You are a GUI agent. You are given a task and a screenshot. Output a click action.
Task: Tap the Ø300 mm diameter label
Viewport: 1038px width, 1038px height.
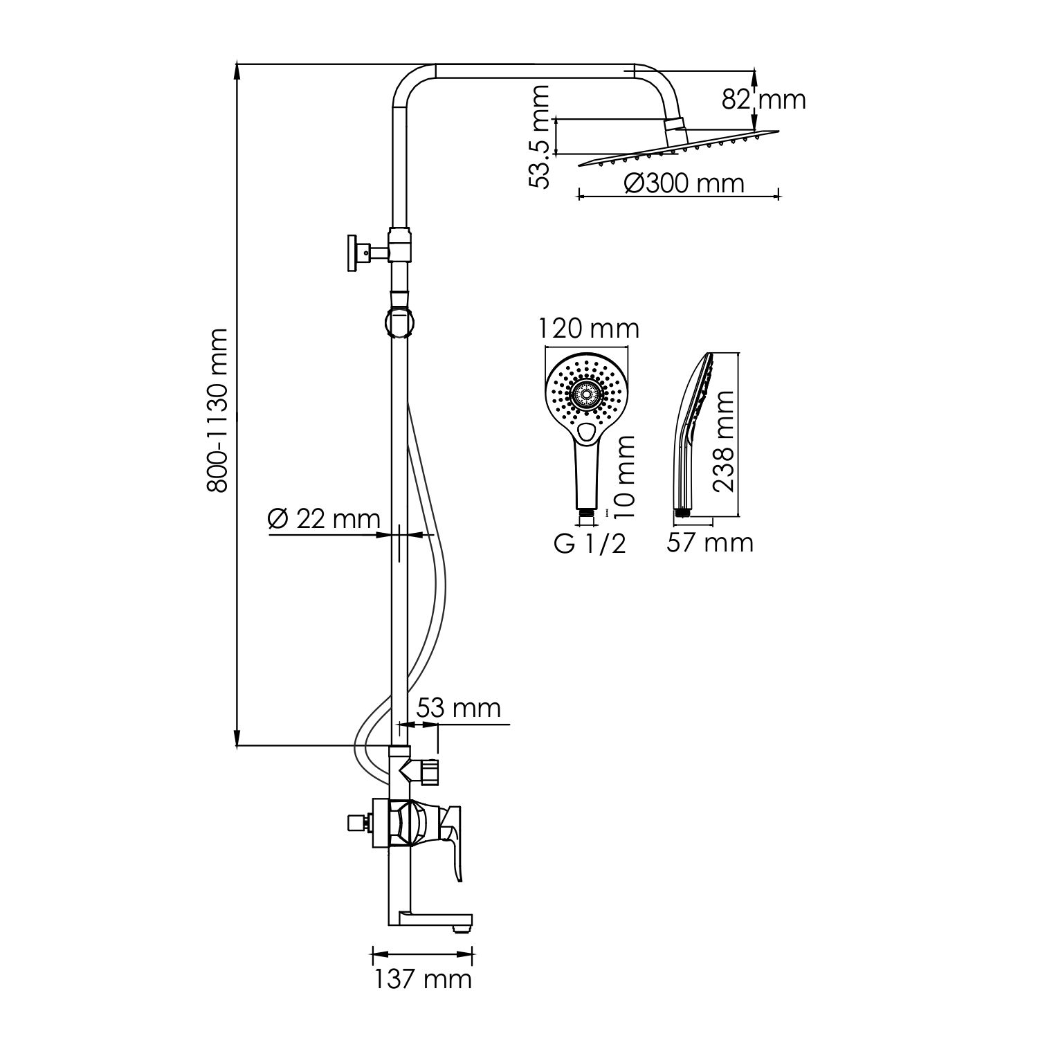[684, 183]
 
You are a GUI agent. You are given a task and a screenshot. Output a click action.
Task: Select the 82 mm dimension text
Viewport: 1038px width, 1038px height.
[764, 100]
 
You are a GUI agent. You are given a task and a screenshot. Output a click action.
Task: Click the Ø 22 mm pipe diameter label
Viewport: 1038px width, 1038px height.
[324, 520]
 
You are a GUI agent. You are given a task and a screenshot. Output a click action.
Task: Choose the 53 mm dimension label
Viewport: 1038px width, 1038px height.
[458, 708]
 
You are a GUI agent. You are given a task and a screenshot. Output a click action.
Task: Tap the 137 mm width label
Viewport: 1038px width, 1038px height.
[423, 978]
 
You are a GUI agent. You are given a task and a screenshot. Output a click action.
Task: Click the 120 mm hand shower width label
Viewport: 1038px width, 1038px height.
[590, 328]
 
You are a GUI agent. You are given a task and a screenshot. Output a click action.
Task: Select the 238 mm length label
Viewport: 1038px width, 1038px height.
[724, 440]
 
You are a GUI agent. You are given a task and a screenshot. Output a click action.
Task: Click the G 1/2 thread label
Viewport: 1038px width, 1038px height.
[590, 544]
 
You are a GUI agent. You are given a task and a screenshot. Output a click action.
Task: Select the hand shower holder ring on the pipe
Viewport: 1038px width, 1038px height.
[400, 322]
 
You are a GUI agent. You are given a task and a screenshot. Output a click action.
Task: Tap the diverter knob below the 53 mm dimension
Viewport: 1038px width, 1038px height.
[429, 772]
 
